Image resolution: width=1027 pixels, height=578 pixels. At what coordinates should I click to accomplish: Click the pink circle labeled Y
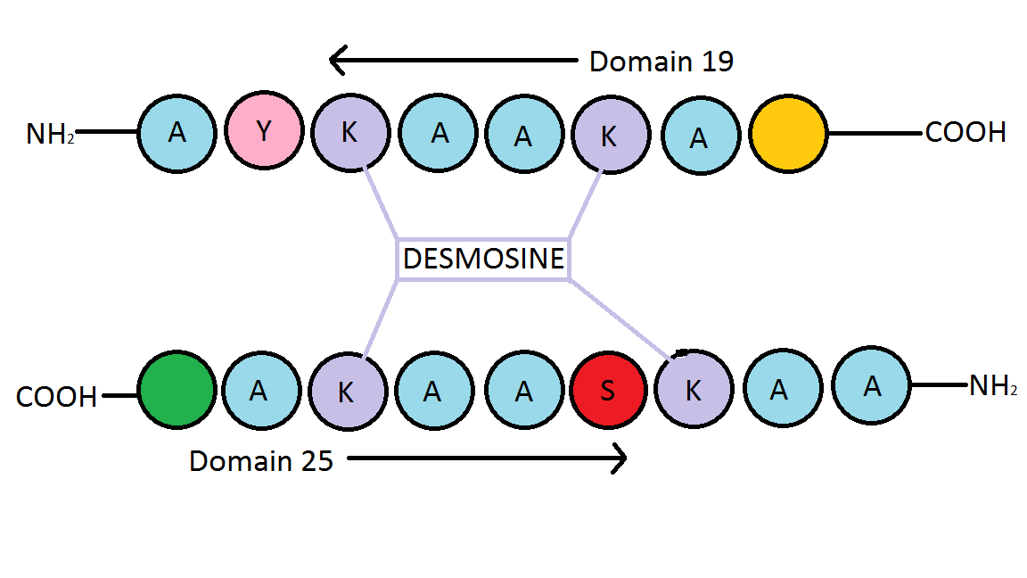263,133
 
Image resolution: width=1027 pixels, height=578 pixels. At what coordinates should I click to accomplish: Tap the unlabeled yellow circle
788,135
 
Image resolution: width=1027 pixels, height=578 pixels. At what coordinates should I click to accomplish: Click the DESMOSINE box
483,260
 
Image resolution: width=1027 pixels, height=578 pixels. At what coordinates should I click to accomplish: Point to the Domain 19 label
661,62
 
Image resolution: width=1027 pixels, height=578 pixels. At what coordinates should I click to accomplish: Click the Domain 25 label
261,461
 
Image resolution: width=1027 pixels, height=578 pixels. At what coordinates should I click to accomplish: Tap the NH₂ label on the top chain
50,134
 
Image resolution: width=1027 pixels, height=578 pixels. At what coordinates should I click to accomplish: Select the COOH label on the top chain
965,133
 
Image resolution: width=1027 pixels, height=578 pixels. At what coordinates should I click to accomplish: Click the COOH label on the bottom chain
56,397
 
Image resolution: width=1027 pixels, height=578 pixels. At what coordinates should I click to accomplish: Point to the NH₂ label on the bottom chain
993,387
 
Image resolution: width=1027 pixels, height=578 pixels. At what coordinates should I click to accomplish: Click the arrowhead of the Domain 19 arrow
335,62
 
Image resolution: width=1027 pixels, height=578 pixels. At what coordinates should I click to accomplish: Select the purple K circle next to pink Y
350,133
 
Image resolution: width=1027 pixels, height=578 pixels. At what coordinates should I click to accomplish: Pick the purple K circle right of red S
693,390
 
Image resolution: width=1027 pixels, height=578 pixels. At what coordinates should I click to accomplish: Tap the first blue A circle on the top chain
177,133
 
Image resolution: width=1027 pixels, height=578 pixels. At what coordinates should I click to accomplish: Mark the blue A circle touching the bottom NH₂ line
871,384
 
